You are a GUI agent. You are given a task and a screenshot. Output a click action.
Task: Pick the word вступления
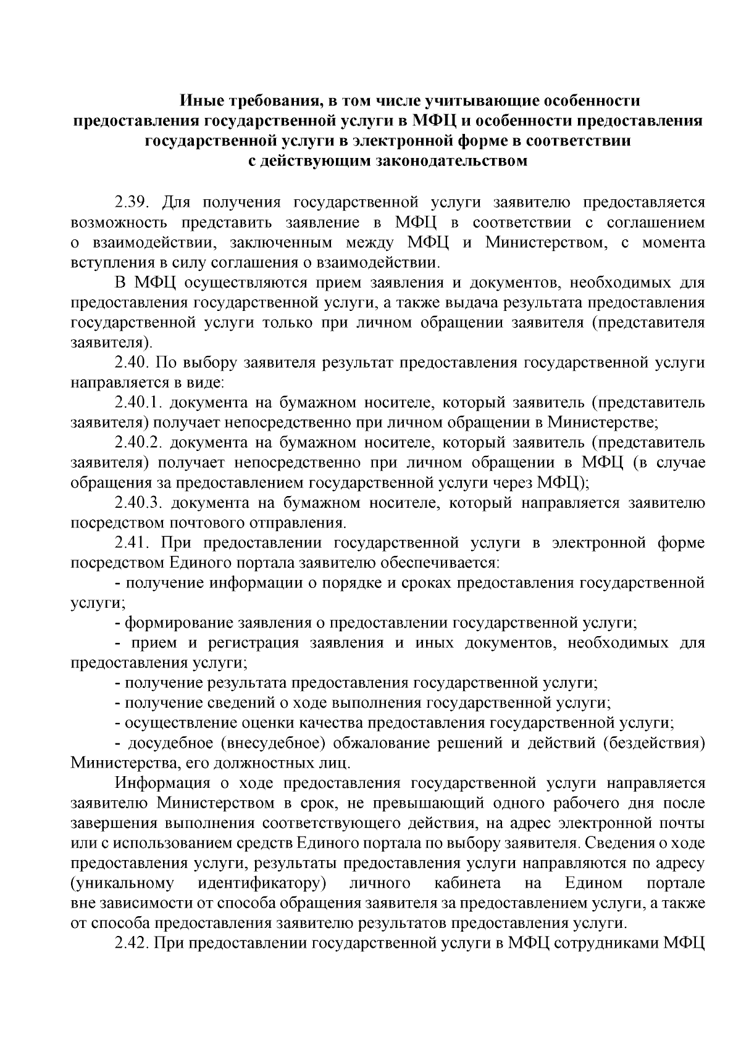pos(106,263)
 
